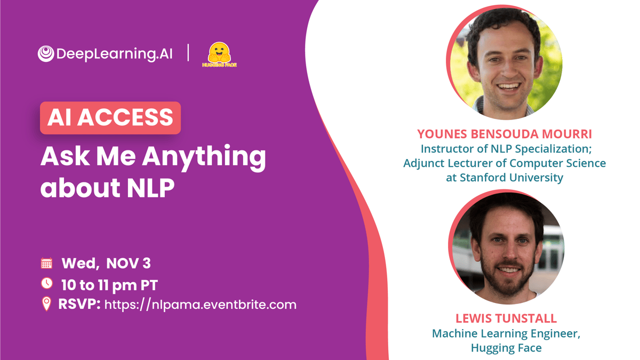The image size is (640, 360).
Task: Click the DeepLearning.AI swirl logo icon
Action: pyautogui.click(x=46, y=54)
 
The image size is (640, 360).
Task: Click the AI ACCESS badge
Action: pyautogui.click(x=110, y=118)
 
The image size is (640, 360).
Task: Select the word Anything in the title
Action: pyautogui.click(x=204, y=157)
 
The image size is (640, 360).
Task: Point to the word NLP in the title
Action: pyautogui.click(x=150, y=188)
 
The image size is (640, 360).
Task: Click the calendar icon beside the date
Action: pyautogui.click(x=46, y=263)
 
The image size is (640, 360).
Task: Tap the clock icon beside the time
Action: pyautogui.click(x=47, y=283)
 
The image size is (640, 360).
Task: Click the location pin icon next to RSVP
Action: pyautogui.click(x=46, y=303)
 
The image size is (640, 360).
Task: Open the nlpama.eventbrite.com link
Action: pyautogui.click(x=201, y=305)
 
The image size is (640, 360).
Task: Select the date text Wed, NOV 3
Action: pyautogui.click(x=106, y=263)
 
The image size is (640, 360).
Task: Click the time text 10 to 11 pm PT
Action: pyautogui.click(x=109, y=285)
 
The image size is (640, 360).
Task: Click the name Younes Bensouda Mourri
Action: pyautogui.click(x=505, y=134)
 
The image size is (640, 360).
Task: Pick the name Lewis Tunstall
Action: pyautogui.click(x=506, y=318)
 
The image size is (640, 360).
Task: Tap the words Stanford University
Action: pyautogui.click(x=511, y=178)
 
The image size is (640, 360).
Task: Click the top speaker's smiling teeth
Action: pyautogui.click(x=509, y=86)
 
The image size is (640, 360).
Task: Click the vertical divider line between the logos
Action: pyautogui.click(x=188, y=53)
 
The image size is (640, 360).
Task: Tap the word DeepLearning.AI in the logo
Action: pyautogui.click(x=114, y=54)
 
